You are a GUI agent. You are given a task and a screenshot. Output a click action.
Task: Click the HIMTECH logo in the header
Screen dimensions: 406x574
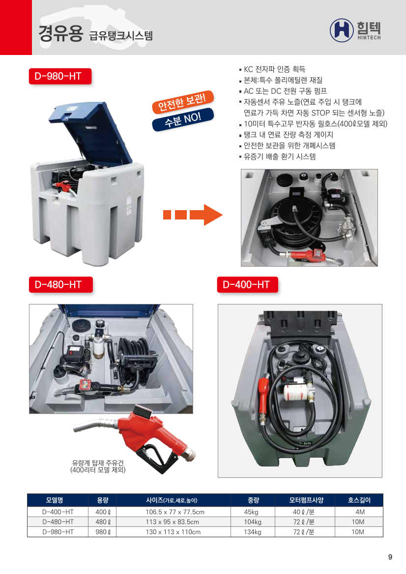pyautogui.click(x=355, y=30)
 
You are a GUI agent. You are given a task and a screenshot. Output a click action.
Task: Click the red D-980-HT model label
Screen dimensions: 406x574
pyautogui.click(x=60, y=76)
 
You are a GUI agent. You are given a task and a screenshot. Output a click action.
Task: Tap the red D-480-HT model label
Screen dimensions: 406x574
pyautogui.click(x=60, y=284)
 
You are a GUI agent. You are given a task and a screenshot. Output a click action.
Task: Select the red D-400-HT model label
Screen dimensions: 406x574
pyautogui.click(x=247, y=284)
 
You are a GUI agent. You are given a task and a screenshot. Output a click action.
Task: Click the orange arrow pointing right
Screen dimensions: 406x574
pyautogui.click(x=193, y=215)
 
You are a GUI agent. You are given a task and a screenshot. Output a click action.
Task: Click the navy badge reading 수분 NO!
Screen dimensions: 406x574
pyautogui.click(x=183, y=119)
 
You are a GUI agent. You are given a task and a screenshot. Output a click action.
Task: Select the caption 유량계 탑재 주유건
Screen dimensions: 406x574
pyautogui.click(x=98, y=463)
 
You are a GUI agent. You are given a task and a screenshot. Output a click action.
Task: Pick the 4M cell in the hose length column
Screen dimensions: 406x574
pyautogui.click(x=360, y=512)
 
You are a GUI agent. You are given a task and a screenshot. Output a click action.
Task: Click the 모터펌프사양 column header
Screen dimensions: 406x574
pyautogui.click(x=306, y=500)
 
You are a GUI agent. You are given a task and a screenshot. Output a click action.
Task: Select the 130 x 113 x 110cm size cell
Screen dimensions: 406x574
pyautogui.click(x=174, y=532)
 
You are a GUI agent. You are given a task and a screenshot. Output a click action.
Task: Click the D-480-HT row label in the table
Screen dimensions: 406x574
pyautogui.click(x=58, y=521)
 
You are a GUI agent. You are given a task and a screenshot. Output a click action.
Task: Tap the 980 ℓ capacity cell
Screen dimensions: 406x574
pyautogui.click(x=103, y=532)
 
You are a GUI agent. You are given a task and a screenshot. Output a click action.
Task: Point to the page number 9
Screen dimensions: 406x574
pyautogui.click(x=390, y=557)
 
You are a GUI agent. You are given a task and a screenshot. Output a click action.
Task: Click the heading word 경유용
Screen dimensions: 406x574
pyautogui.click(x=60, y=33)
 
